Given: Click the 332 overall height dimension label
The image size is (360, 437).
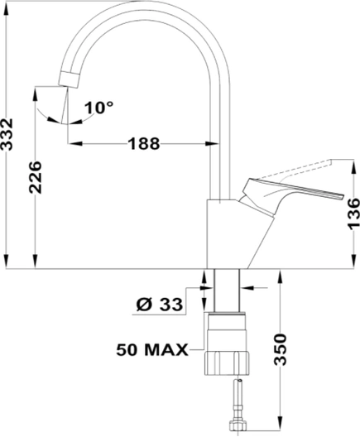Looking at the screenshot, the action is (x=7, y=134).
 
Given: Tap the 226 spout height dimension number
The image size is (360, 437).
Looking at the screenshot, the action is (x=36, y=177).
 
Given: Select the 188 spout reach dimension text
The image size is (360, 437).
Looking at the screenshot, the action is (x=144, y=144).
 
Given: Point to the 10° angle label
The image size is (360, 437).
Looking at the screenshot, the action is (x=99, y=108).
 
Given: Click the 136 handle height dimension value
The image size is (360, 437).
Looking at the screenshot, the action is (x=354, y=214).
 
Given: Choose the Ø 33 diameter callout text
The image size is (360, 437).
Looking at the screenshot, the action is (x=160, y=304).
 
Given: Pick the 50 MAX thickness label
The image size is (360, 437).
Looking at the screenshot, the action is (x=152, y=350).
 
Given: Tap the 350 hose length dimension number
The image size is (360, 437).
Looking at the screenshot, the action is (x=280, y=349).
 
